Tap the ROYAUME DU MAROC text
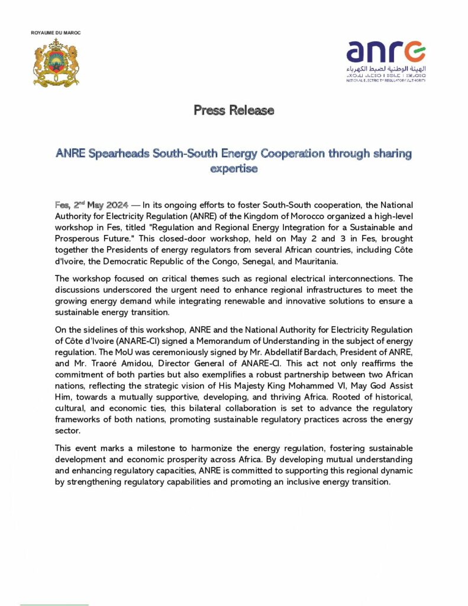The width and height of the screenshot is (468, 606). coord(56,33)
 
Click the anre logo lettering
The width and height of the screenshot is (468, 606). coord(385,51)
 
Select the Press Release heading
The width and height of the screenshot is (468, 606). coord(234,109)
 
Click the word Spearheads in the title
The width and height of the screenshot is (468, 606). coord(119,153)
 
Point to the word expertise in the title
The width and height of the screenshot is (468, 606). coord(234,168)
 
